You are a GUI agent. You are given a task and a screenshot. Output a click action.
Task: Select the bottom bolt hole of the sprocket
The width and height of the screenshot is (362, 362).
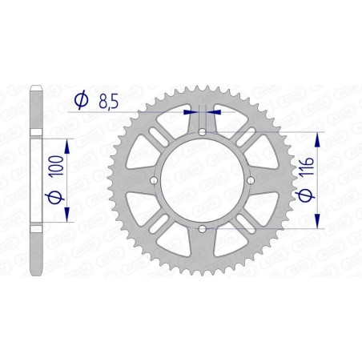203,231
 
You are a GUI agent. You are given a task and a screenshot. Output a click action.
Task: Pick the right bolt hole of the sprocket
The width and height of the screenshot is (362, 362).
252,182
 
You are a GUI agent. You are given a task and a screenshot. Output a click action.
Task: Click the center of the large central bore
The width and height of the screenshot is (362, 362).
203,182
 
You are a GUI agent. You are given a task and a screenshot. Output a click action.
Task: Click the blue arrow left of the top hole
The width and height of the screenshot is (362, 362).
189,113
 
